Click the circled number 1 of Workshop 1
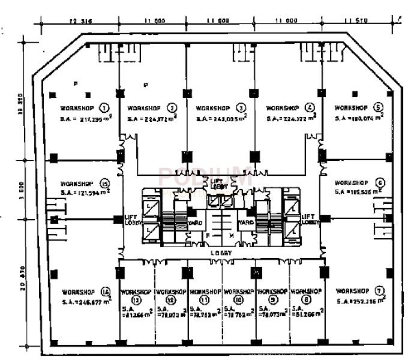point(104,109)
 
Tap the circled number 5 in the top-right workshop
point(378,108)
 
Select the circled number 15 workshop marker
point(104,184)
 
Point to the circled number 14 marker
point(106,292)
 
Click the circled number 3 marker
point(241,109)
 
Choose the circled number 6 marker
point(380,183)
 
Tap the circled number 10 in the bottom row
point(239,299)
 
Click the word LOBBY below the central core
point(221,253)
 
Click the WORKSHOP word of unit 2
point(144,109)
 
